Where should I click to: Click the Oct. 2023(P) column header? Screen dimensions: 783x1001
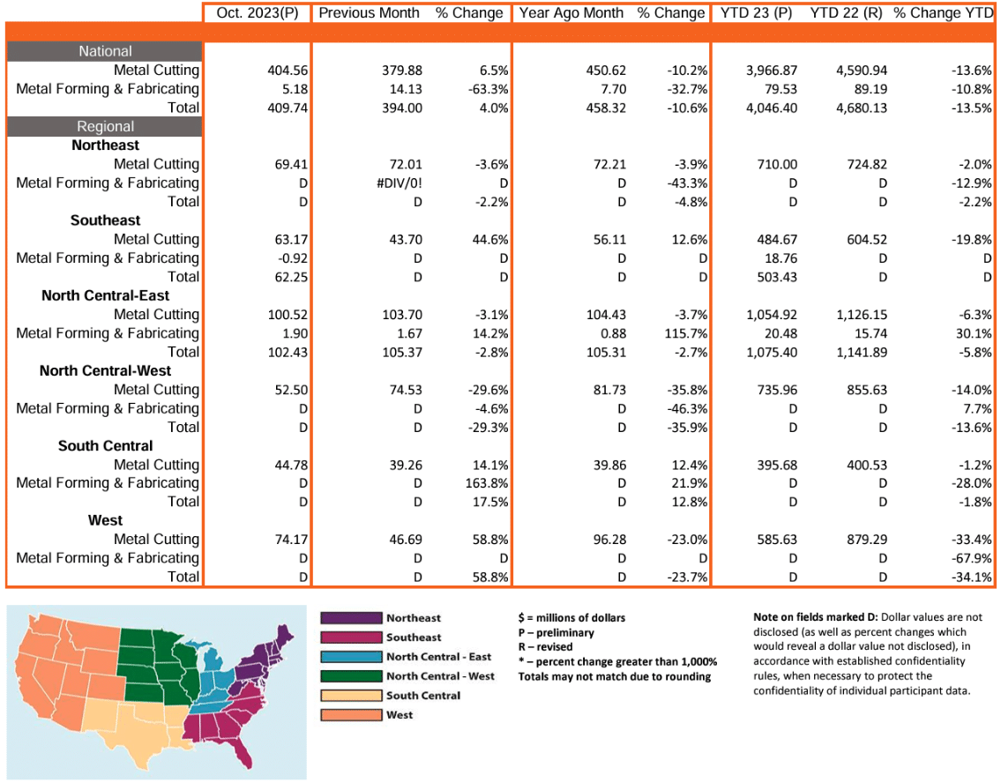[x=258, y=13]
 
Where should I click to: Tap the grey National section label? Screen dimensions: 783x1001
[x=105, y=51]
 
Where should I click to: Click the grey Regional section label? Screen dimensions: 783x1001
[x=105, y=126]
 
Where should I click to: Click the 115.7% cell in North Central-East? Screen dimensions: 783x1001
[x=685, y=333]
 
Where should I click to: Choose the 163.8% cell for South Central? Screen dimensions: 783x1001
[x=487, y=483]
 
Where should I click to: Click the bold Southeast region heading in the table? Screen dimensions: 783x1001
[x=105, y=220]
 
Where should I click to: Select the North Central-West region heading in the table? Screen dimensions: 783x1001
[x=105, y=371]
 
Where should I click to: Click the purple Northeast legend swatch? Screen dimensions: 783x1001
[x=350, y=618]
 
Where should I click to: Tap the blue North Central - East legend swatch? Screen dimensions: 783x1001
[x=350, y=657]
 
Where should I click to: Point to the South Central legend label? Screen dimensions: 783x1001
[x=422, y=696]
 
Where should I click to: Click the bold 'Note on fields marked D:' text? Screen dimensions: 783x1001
[x=817, y=617]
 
